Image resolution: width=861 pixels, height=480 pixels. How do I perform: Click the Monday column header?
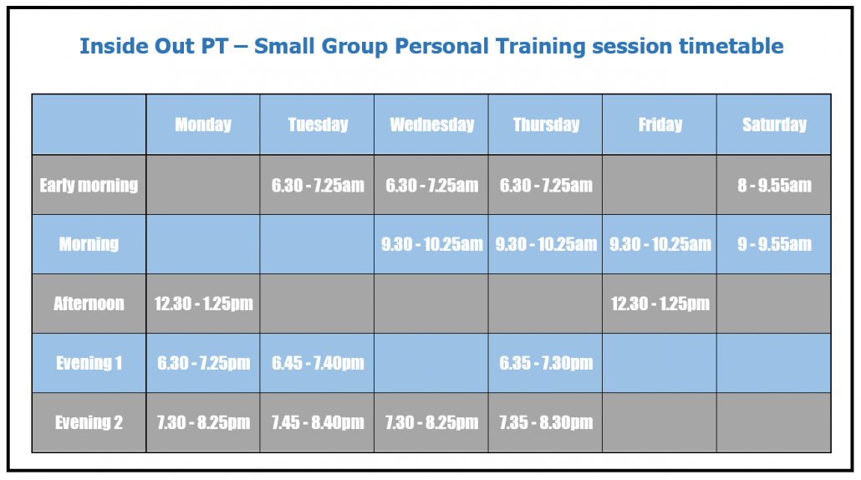pos(202,125)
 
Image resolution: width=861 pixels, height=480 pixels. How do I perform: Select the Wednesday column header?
pos(431,125)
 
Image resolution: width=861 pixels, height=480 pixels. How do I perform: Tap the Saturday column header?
pos(774,125)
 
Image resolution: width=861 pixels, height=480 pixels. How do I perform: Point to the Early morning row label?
pos(89,185)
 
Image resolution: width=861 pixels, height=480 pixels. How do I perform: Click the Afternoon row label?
pos(89,304)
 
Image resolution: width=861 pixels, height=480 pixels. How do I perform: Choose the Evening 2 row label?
pos(89,422)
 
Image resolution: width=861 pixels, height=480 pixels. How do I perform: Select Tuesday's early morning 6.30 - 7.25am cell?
pos(318,185)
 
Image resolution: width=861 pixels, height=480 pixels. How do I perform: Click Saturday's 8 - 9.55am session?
pos(774,185)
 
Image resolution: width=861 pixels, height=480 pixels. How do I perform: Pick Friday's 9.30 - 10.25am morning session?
pos(660,244)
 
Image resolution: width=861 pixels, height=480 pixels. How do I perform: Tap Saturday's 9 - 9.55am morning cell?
pos(774,244)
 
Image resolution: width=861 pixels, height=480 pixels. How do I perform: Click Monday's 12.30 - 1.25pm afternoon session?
pos(203,304)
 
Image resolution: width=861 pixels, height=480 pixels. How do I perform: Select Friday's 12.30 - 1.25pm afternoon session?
pos(660,304)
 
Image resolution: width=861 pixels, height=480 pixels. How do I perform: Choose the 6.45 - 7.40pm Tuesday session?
pos(318,363)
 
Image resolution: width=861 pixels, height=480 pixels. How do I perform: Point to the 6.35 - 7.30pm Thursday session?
pos(546,363)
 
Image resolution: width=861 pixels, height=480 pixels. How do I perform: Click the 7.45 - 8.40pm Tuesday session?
pos(318,422)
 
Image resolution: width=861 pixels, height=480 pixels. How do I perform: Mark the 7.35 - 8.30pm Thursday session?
pos(546,422)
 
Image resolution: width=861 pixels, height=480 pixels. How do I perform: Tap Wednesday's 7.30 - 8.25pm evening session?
pos(431,422)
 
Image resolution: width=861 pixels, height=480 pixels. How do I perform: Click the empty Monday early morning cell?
pos(202,185)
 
